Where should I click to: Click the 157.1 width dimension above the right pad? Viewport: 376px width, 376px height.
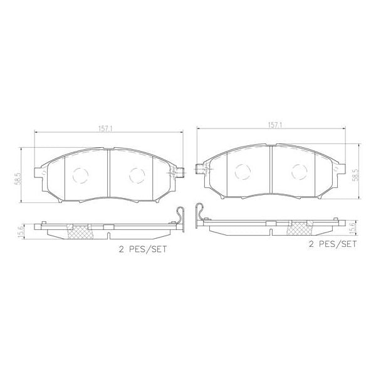click(x=274, y=125)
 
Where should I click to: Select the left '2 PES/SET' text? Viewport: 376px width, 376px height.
click(x=143, y=249)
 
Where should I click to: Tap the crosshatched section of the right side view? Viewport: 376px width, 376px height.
click(x=296, y=227)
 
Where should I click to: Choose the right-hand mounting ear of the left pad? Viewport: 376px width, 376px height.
click(x=179, y=173)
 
